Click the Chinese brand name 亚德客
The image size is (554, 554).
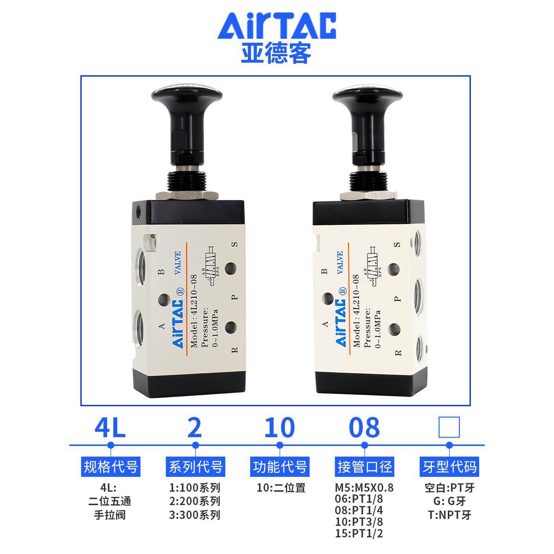(276, 53)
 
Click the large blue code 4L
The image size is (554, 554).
(110, 428)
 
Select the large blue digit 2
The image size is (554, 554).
(195, 428)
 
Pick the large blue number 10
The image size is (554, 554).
(279, 428)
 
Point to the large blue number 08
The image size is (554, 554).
(364, 428)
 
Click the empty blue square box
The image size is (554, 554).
(449, 427)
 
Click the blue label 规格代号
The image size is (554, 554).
(110, 467)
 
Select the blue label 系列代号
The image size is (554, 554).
(195, 467)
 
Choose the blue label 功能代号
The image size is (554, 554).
(279, 467)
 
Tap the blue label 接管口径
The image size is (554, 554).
(364, 467)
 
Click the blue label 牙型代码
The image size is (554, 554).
(449, 467)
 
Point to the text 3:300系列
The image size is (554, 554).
(195, 515)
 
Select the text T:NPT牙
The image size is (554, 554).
(449, 515)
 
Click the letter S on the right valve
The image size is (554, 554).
(397, 245)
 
